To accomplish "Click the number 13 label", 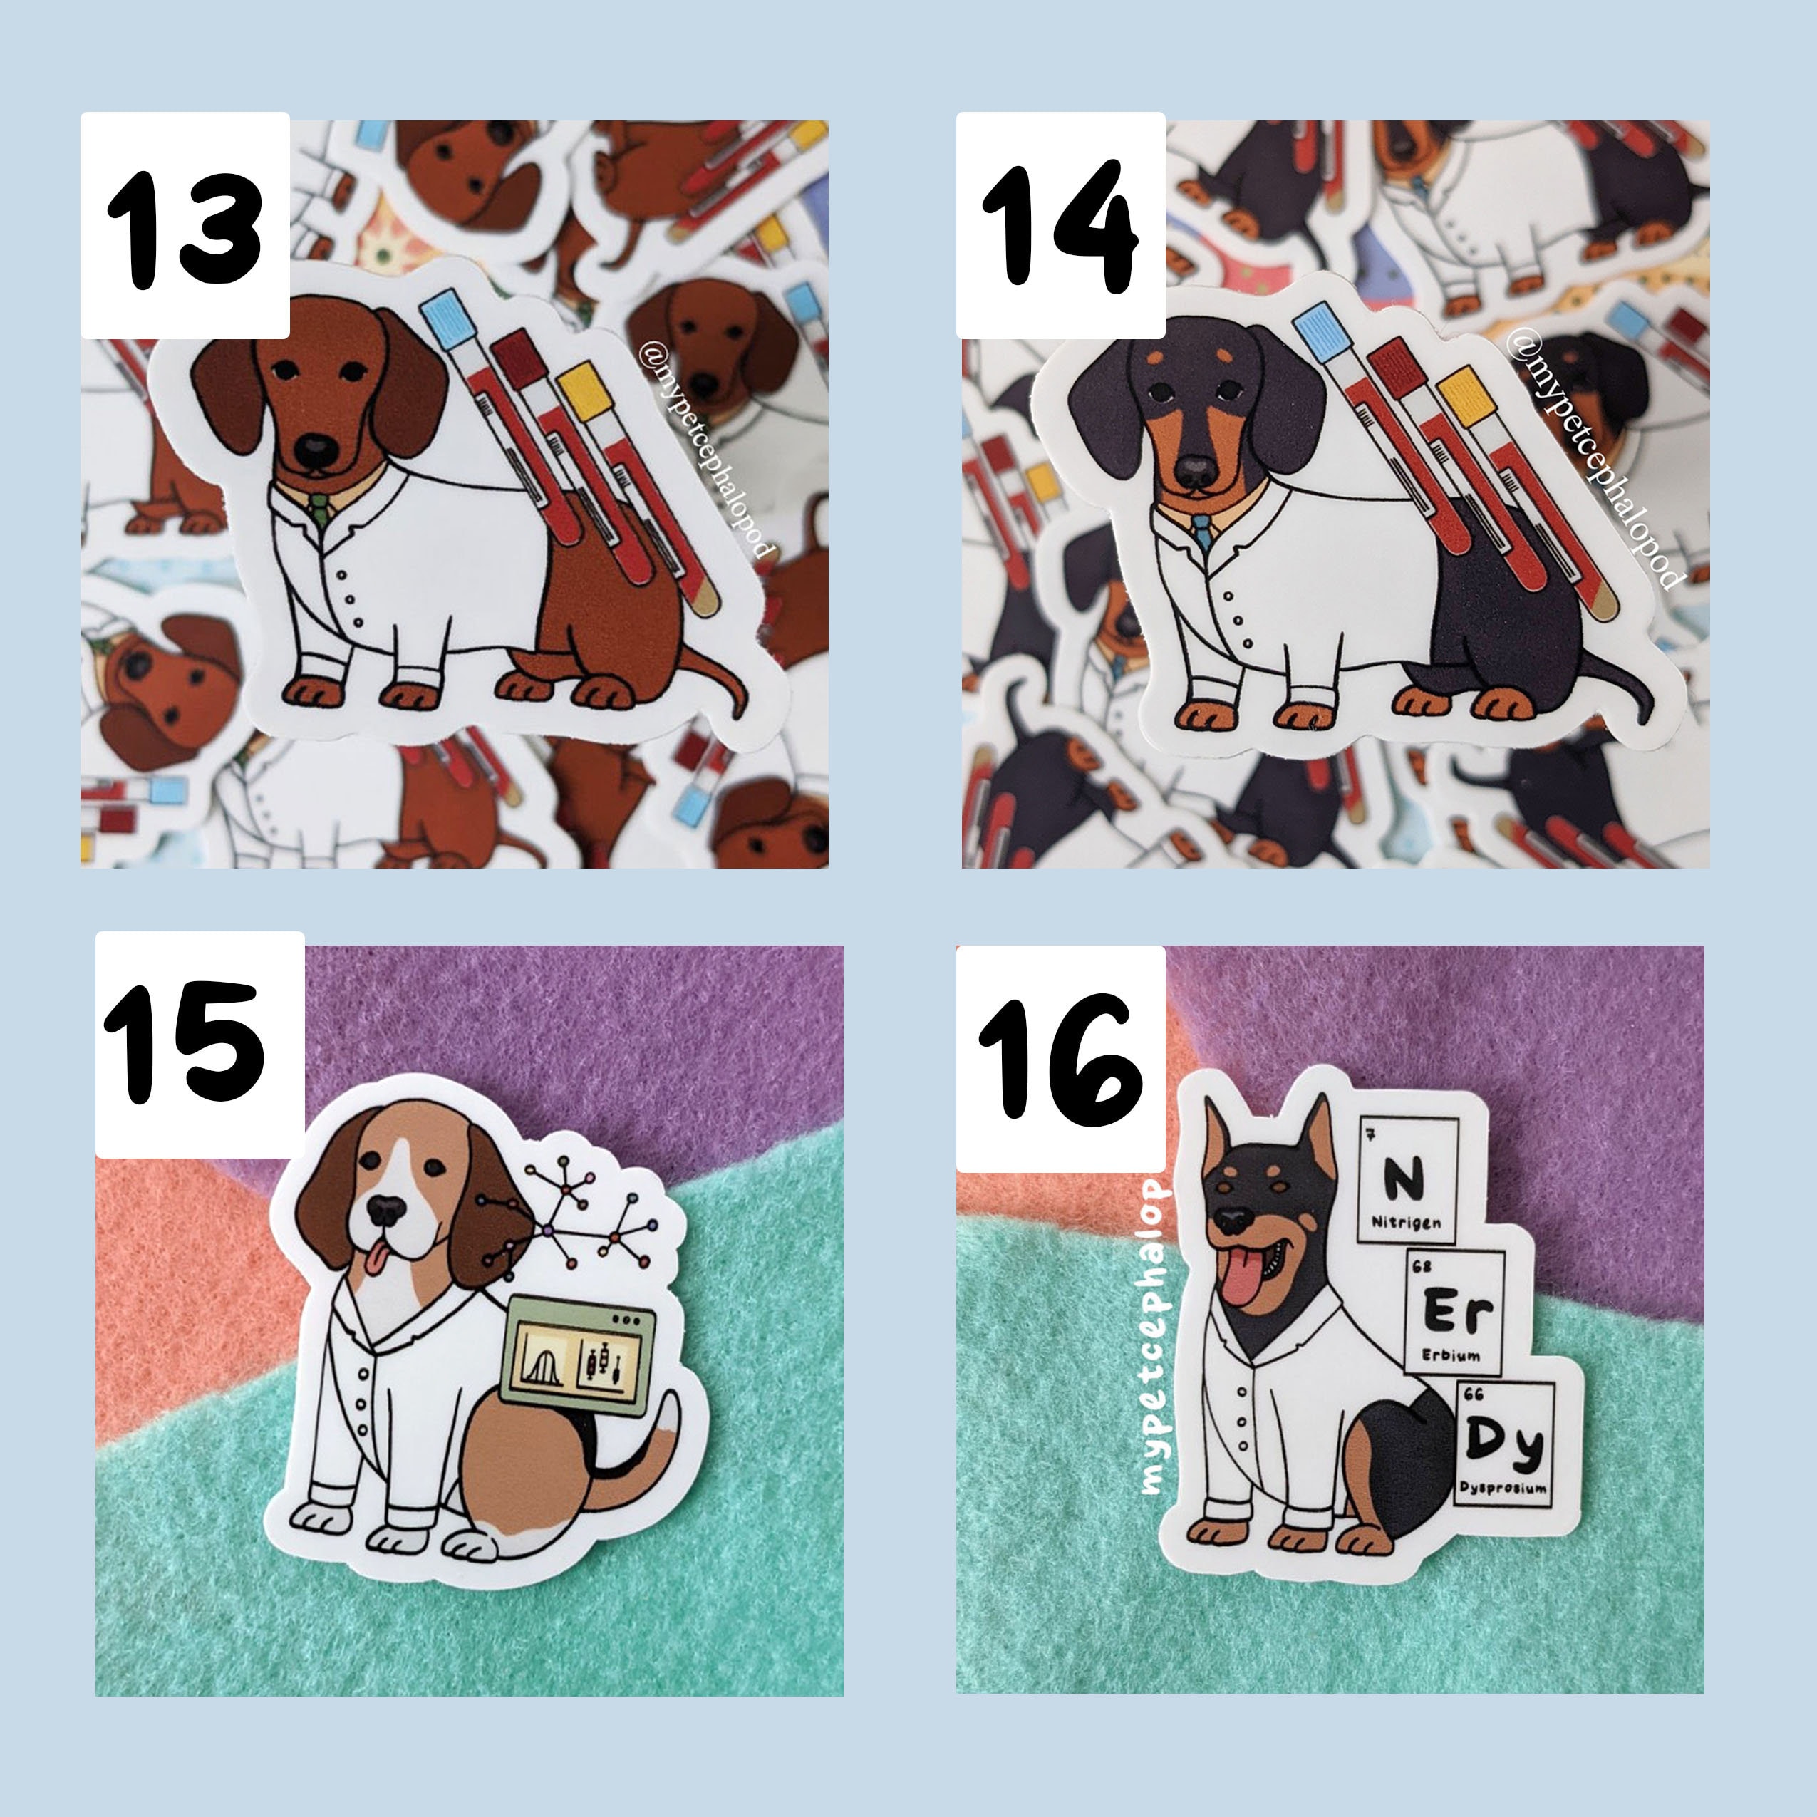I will [185, 226].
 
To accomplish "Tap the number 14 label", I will [1061, 226].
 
